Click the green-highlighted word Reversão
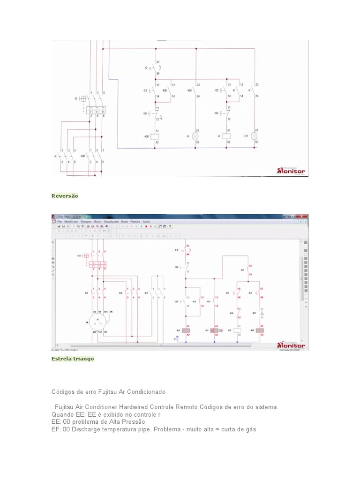(65, 196)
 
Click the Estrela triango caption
(73, 359)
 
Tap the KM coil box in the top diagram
(155, 136)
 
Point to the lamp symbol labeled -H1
(255, 136)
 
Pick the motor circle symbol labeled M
(97, 323)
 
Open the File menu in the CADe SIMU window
(60, 221)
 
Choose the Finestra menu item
(135, 221)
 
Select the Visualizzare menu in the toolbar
(111, 221)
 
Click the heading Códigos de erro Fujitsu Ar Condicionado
(108, 391)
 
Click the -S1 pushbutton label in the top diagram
(145, 90)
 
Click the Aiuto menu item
(147, 221)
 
